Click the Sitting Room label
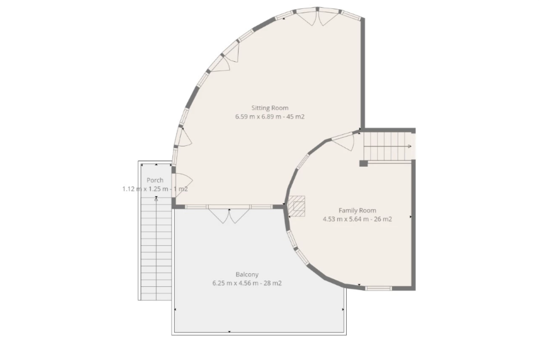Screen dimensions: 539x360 270,108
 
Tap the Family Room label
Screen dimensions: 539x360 358,210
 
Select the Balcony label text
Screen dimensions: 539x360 247,274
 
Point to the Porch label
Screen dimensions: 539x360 155,180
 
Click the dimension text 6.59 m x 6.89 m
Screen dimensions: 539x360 261,116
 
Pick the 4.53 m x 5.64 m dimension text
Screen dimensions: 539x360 348,219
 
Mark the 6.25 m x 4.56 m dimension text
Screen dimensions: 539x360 239,284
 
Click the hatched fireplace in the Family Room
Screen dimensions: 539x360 297,206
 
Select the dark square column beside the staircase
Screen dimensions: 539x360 364,163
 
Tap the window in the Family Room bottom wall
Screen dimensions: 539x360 378,288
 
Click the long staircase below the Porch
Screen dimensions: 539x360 156,248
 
